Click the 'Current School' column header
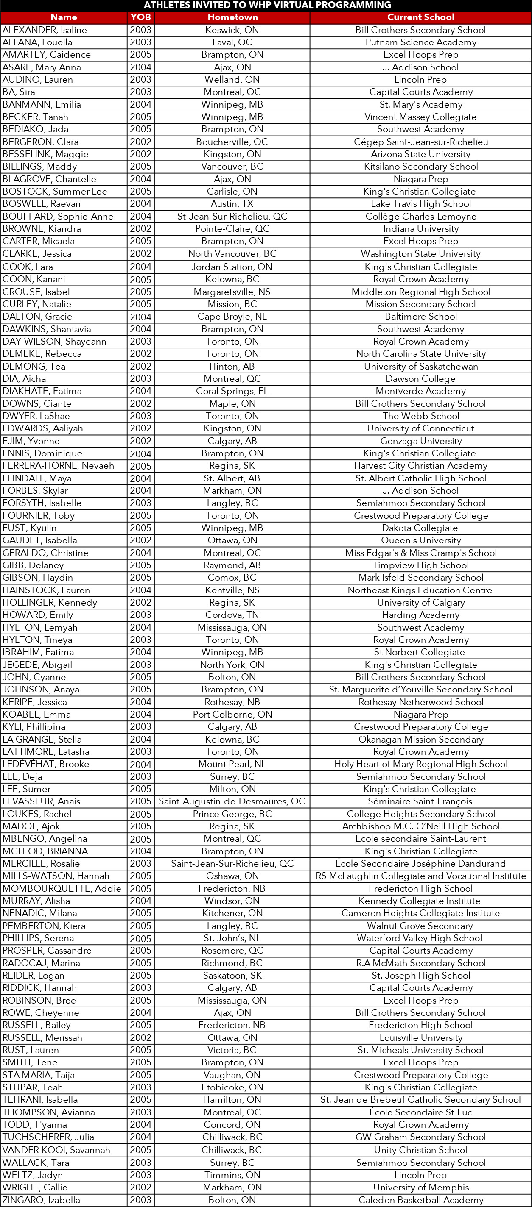(420, 17)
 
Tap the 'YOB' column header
(141, 17)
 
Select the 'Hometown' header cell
(232, 17)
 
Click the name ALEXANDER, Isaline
(45, 30)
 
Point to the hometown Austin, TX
(232, 204)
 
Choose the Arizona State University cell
(420, 154)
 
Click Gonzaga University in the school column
(420, 441)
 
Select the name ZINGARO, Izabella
(41, 1200)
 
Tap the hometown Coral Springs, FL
(232, 391)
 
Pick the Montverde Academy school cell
(420, 391)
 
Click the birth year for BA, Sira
(141, 92)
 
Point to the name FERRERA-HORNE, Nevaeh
(58, 466)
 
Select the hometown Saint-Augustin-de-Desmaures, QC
(232, 801)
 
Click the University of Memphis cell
(420, 1188)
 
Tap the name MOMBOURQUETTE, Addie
(62, 888)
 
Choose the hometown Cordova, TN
(232, 615)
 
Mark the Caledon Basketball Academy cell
(420, 1200)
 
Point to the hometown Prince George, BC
(232, 814)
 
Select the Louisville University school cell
(420, 1038)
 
